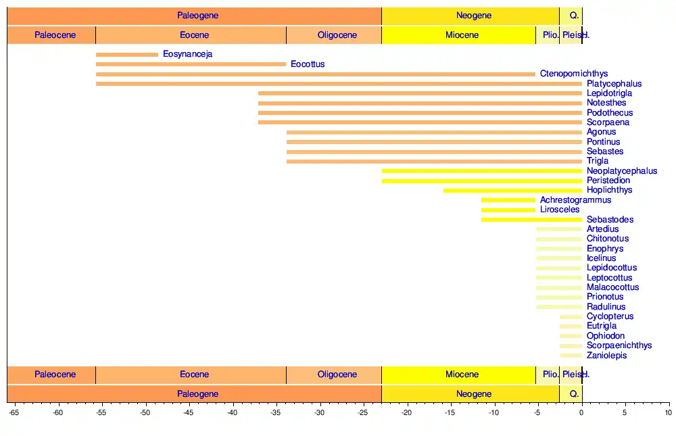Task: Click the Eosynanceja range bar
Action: pyautogui.click(x=127, y=55)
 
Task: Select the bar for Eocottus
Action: pyautogui.click(x=191, y=64)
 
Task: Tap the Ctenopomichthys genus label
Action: pyautogui.click(x=574, y=74)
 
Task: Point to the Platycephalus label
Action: pyautogui.click(x=614, y=84)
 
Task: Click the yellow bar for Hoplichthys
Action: pyautogui.click(x=512, y=191)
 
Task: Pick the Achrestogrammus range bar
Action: pyautogui.click(x=508, y=200)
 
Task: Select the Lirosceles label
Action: pyautogui.click(x=560, y=210)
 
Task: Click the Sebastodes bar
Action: pyautogui.click(x=531, y=220)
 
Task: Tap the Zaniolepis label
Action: pyautogui.click(x=606, y=356)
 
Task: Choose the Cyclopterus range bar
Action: pyautogui.click(x=571, y=316)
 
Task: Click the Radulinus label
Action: pyautogui.click(x=606, y=307)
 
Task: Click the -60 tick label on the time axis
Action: pyautogui.click(x=57, y=412)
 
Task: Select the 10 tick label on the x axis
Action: pyautogui.click(x=669, y=412)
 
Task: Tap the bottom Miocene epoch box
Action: pyautogui.click(x=462, y=374)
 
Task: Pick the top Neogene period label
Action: pyautogui.click(x=473, y=16)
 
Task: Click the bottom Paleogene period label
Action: pyautogui.click(x=197, y=393)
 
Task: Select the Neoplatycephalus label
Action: pyautogui.click(x=622, y=171)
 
